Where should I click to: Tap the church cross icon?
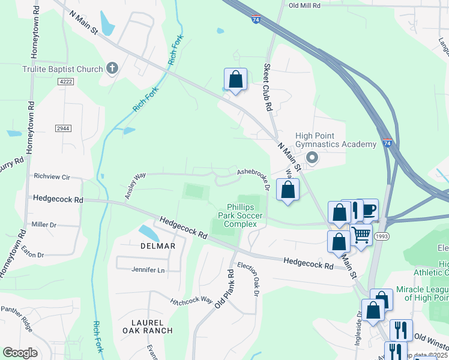pos(112,68)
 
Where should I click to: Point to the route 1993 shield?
pos(381,237)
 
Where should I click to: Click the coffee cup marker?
pos(368,209)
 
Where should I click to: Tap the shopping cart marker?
pos(360,234)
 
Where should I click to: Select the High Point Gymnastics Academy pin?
pos(312,158)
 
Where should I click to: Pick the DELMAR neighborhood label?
pos(158,246)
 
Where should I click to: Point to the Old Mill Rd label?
pos(304,5)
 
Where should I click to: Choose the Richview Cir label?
pos(52,177)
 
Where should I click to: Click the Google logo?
pos(20,353)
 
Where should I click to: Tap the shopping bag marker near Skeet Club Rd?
pos(235,79)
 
